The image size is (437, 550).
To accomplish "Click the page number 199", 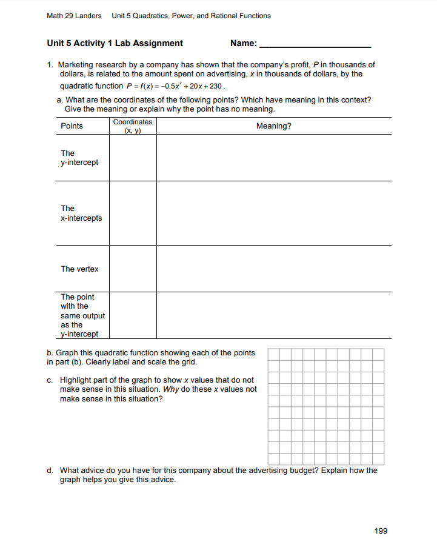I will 381,531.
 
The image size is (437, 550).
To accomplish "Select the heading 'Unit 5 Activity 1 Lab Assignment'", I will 115,43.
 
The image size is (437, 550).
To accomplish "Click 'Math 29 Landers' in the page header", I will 74,15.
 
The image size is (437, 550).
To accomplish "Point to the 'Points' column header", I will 72,126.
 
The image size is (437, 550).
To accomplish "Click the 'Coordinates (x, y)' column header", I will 133,126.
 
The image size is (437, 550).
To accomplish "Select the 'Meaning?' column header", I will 273,126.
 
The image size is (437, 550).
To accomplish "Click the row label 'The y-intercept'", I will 79,158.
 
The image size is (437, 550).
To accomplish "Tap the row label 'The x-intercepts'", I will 81,213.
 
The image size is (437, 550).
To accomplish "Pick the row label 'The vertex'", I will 79,269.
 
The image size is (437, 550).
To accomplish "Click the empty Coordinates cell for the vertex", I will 133,269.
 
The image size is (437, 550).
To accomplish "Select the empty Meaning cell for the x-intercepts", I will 273,213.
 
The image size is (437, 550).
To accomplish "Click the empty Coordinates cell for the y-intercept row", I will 133,158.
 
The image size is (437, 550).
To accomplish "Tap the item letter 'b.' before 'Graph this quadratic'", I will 50,352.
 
